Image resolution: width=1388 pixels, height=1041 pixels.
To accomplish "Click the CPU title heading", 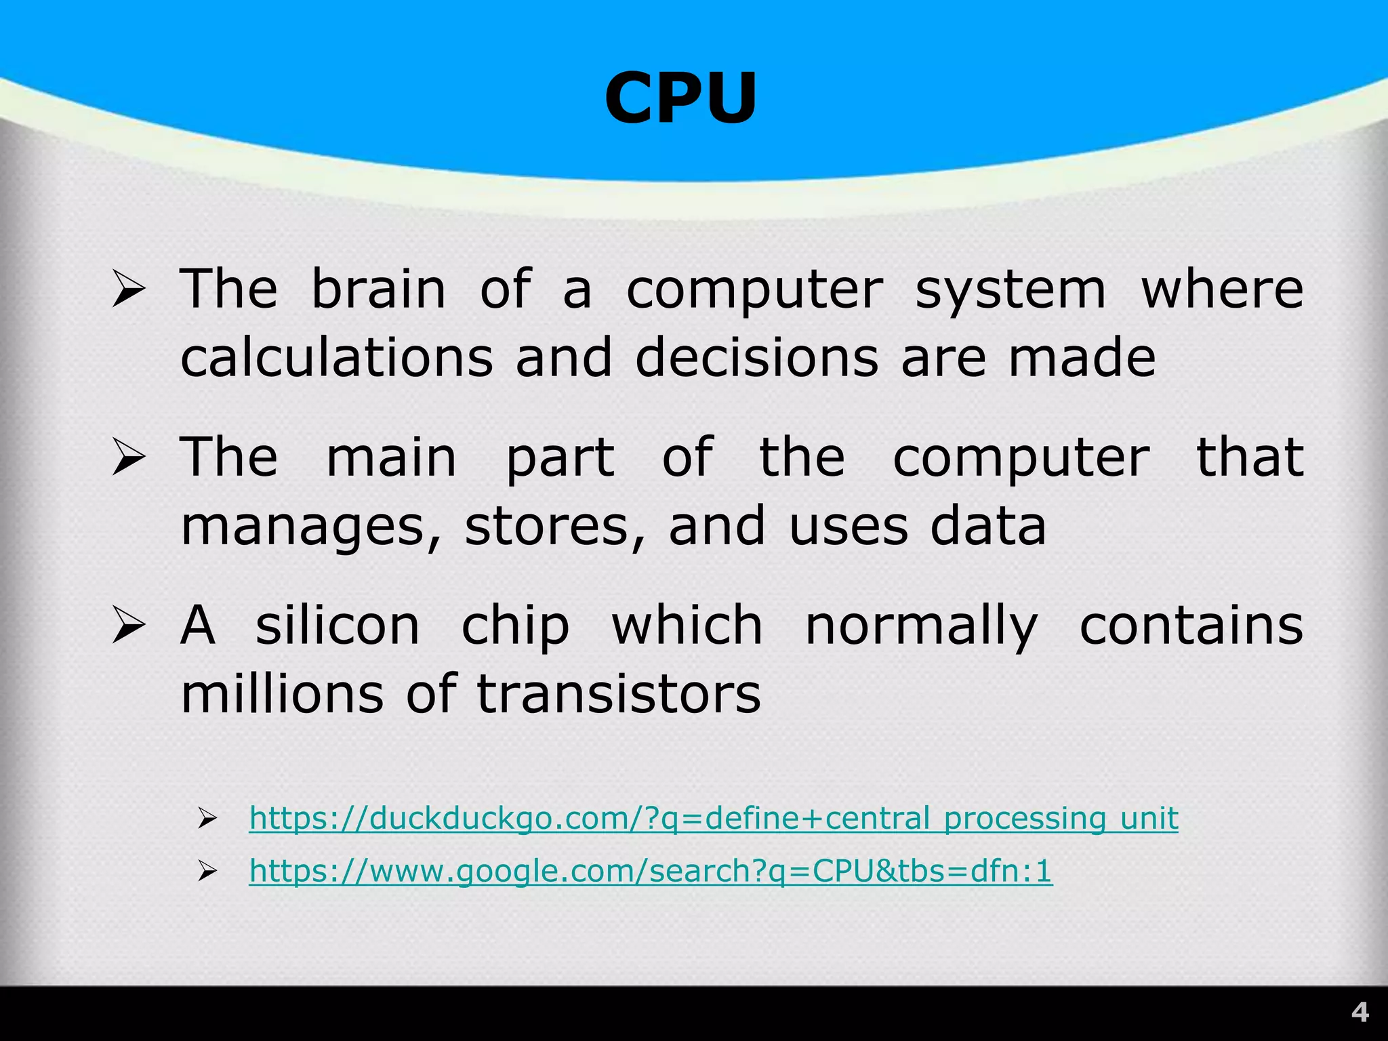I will (x=680, y=99).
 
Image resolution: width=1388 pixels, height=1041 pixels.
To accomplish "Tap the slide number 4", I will (x=1360, y=1013).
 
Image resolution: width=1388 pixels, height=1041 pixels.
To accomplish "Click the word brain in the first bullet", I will (x=378, y=289).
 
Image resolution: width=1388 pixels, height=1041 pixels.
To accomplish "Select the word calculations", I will (x=337, y=358).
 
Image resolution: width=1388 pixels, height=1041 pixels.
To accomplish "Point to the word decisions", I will (x=756, y=358).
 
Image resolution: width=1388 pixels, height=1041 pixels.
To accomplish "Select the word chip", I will (x=515, y=626).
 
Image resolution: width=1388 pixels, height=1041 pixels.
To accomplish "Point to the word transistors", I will (x=619, y=694).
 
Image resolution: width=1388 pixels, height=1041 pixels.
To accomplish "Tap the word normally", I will (x=921, y=626).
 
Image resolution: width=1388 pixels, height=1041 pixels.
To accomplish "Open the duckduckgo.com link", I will (x=713, y=818).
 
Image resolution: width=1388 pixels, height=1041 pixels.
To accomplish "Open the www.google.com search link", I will (x=651, y=871).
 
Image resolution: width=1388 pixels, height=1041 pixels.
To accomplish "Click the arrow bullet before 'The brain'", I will (x=129, y=289).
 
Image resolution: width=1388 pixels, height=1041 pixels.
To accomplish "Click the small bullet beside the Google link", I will (x=207, y=872).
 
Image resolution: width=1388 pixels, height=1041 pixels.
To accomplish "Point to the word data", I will (x=988, y=527).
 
